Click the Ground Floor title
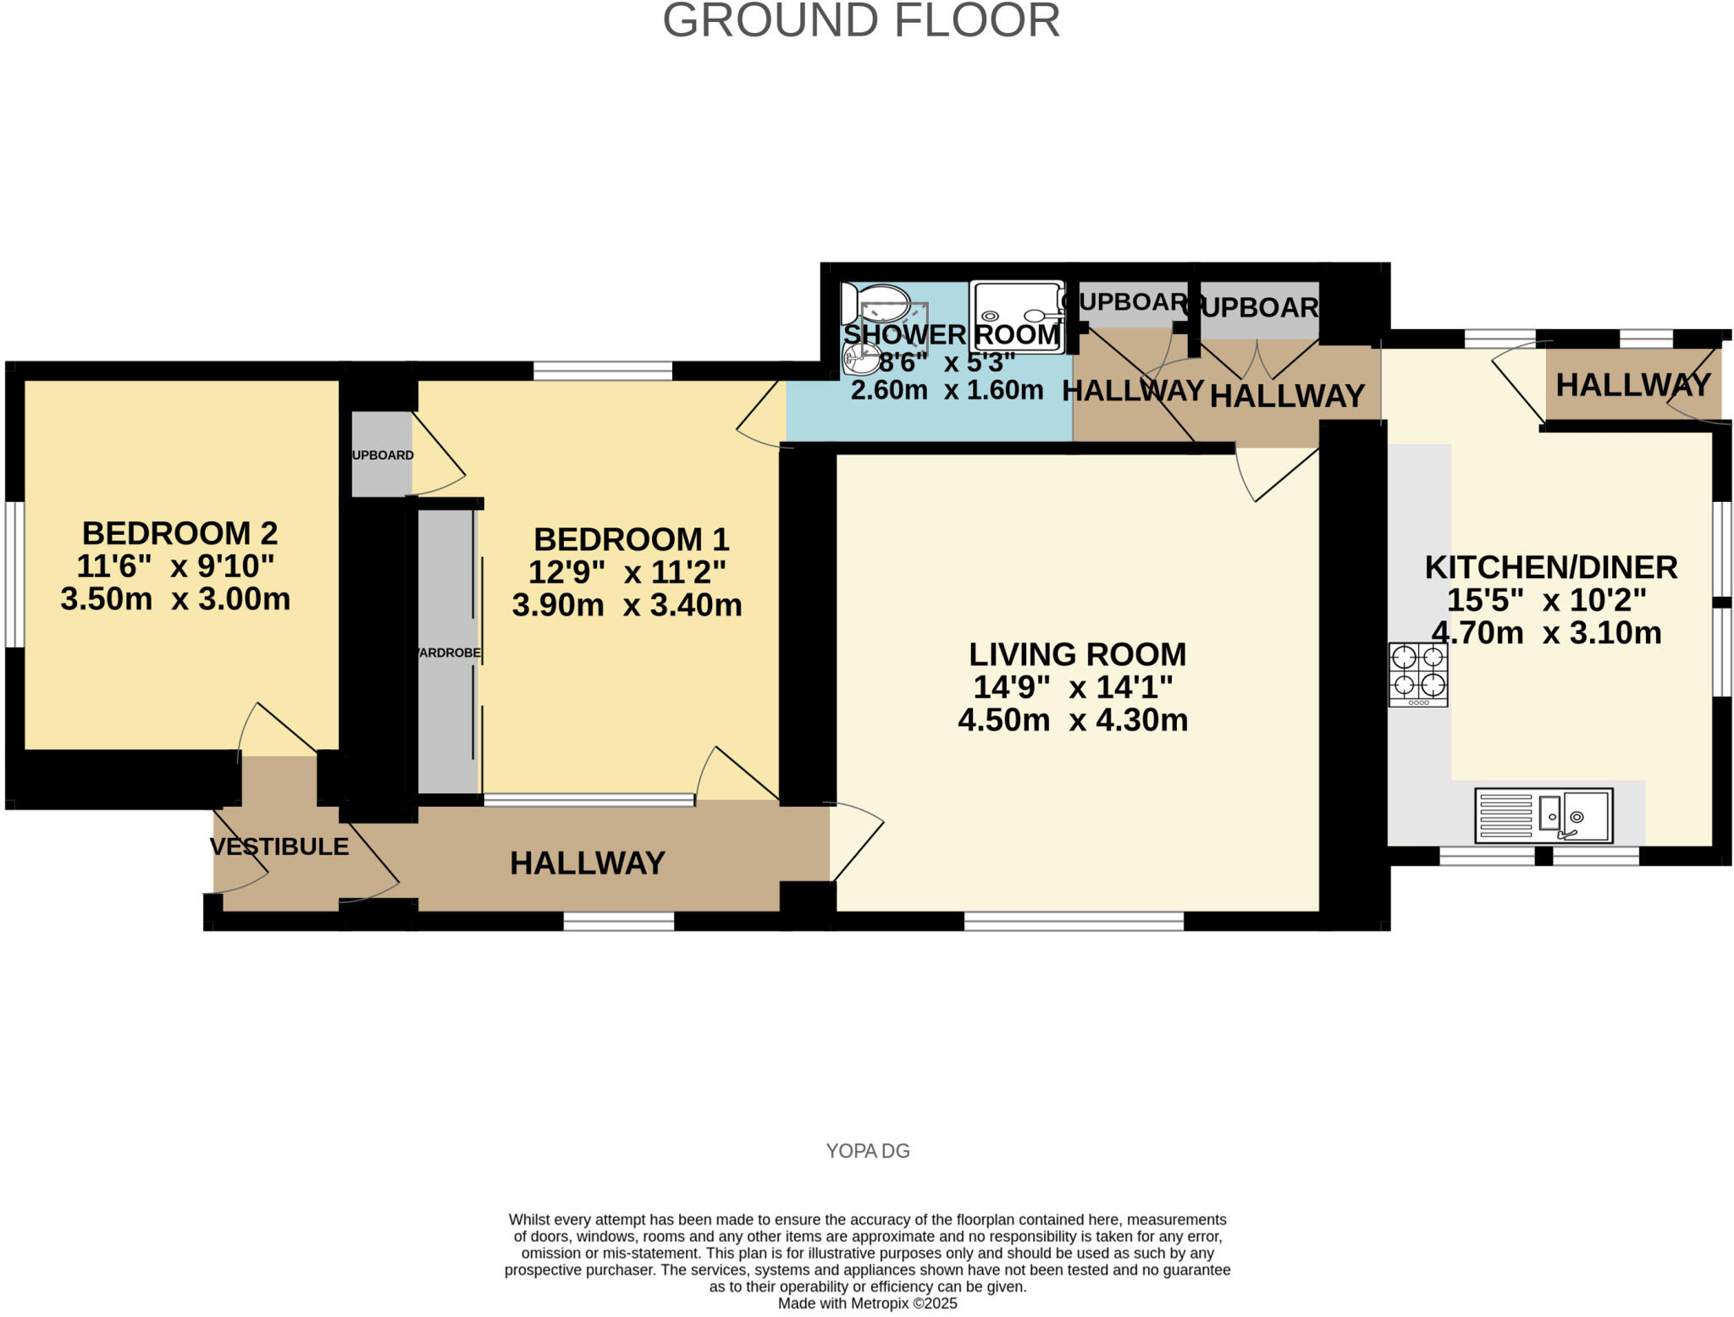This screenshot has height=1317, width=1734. coord(861,21)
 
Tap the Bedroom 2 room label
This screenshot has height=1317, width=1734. coord(179,533)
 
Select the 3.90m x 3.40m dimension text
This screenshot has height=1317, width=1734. coord(627,605)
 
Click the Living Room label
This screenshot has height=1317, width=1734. coord(1077,654)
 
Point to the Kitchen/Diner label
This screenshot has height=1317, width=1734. coord(1550,567)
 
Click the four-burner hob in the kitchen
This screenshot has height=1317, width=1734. coord(1417,674)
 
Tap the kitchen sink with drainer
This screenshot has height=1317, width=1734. coord(1543,815)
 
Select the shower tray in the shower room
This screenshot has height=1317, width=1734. coord(1016,315)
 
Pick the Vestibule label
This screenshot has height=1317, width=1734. coord(279,846)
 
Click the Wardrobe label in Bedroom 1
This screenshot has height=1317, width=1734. coord(448,653)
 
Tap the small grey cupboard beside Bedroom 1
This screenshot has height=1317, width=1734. coord(382,455)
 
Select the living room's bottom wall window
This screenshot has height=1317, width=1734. coord(1074,921)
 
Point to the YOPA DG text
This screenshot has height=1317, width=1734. coord(867,1151)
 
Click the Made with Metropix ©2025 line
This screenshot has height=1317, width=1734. coord(867,1303)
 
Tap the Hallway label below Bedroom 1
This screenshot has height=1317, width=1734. coord(587,863)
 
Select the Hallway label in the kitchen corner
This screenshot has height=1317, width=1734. coord(1632,385)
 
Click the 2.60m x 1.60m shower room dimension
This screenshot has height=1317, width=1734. coord(947,390)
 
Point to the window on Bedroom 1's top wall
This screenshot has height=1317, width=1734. coord(602,370)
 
